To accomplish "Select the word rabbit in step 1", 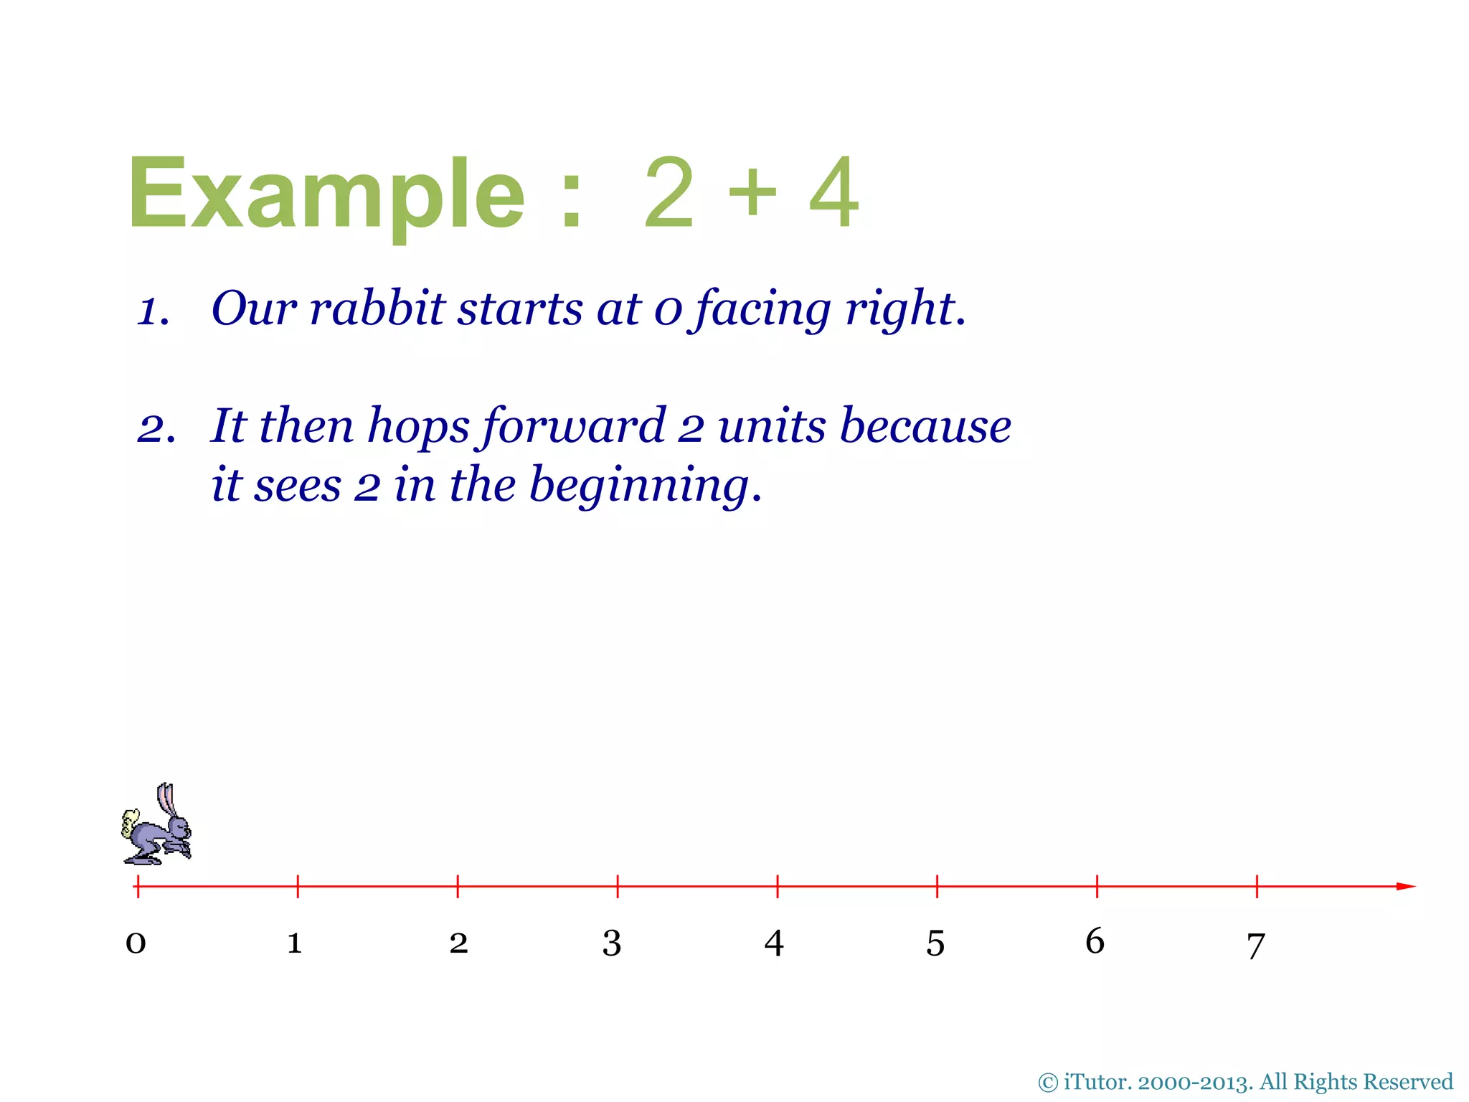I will pyautogui.click(x=377, y=309).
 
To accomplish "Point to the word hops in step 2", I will pyautogui.click(x=418, y=426).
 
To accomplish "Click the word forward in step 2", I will pyautogui.click(x=574, y=426).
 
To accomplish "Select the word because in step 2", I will pyautogui.click(x=925, y=426).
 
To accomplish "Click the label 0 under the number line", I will pyautogui.click(x=136, y=943).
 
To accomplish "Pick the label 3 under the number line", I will pyautogui.click(x=612, y=943).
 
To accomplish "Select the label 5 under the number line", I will pyautogui.click(x=935, y=943).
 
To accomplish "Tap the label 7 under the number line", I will pyautogui.click(x=1255, y=945).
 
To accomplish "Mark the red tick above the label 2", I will pyautogui.click(x=458, y=887).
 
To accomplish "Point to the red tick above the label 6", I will pyautogui.click(x=1097, y=887).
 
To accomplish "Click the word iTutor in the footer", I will pyautogui.click(x=1096, y=1082).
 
